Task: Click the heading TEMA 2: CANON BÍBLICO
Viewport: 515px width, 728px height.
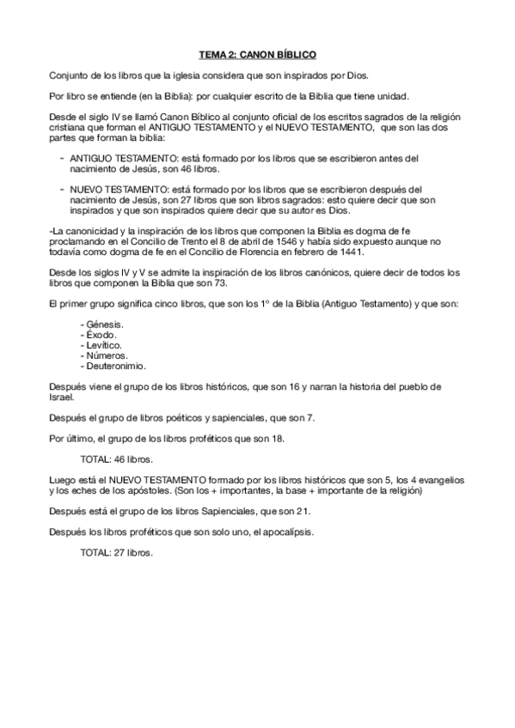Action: (257, 52)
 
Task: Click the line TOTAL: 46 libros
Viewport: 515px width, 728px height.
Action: (117, 459)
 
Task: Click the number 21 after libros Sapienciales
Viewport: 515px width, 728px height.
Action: (302, 511)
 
